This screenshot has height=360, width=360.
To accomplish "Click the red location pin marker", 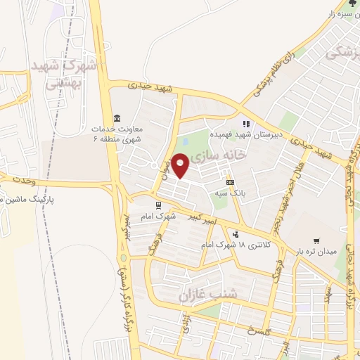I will (x=181, y=166).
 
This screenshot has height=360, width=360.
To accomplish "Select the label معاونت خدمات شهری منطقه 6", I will (x=117, y=134).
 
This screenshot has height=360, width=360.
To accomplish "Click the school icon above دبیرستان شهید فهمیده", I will (x=247, y=124).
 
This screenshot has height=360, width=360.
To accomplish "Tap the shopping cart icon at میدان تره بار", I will (x=316, y=240).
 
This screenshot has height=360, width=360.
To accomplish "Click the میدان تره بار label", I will (x=316, y=250).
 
